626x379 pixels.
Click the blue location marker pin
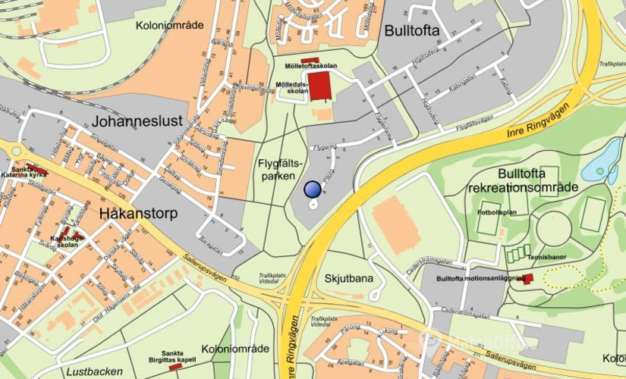(x=312, y=190)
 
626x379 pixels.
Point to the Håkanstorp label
(x=138, y=213)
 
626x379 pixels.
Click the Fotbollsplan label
(x=497, y=212)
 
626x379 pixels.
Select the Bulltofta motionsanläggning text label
(x=480, y=278)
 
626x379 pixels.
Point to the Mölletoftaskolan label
(x=310, y=67)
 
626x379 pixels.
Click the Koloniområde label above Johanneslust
(x=170, y=25)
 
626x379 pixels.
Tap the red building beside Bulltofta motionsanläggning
(x=527, y=279)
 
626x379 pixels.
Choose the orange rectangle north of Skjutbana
(x=396, y=225)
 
